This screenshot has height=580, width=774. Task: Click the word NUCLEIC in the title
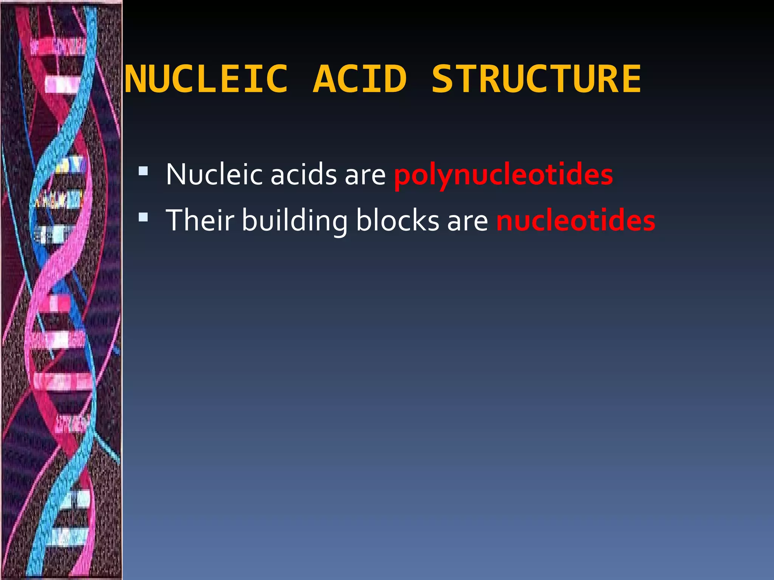click(x=206, y=79)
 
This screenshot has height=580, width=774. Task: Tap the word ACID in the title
click(x=360, y=79)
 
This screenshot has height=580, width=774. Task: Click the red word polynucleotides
click(x=503, y=175)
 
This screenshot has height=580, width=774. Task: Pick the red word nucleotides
click(x=576, y=221)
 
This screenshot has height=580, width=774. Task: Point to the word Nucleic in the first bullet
click(x=214, y=175)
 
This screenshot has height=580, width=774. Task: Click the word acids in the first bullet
click(x=303, y=175)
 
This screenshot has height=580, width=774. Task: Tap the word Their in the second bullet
click(x=200, y=221)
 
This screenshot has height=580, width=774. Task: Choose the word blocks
click(x=398, y=221)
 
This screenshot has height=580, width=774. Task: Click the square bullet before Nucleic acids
click(x=143, y=171)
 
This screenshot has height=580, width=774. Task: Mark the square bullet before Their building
click(x=143, y=217)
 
